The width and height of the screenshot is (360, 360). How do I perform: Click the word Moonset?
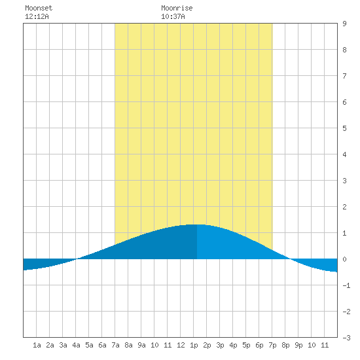click(39, 8)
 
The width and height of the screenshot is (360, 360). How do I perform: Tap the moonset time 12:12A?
click(37, 16)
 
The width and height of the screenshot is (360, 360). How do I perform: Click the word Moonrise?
click(177, 8)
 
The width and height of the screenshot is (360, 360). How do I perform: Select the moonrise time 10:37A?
click(173, 16)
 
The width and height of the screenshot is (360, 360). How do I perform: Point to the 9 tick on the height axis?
click(344, 24)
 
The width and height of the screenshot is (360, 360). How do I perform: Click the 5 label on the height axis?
click(344, 128)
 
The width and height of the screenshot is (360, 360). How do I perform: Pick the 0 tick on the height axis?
click(344, 259)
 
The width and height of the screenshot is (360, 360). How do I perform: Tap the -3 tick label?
click(346, 338)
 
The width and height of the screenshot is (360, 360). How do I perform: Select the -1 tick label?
click(346, 285)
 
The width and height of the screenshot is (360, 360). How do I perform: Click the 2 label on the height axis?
click(344, 207)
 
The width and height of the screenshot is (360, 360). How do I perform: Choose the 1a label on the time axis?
click(37, 345)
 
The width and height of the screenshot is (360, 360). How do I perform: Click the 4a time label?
click(76, 345)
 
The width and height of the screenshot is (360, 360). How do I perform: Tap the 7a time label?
click(115, 345)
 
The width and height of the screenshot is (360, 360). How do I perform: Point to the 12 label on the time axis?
click(181, 345)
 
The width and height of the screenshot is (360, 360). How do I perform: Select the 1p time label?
click(194, 345)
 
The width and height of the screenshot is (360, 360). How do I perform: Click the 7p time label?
click(272, 345)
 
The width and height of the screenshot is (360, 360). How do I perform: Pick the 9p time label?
click(298, 345)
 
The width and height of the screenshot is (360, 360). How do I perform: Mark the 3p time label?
click(220, 345)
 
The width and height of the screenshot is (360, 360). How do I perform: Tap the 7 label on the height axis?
click(344, 76)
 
